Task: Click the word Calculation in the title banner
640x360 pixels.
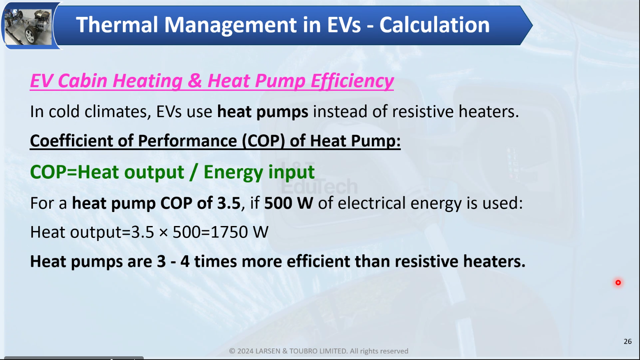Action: (434, 25)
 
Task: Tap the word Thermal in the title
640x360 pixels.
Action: (117, 25)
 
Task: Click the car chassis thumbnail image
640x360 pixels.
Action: (28, 26)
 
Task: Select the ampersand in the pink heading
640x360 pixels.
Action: (195, 81)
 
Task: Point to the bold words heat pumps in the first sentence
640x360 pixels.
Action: (262, 111)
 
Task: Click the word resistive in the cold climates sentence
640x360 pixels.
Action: (423, 111)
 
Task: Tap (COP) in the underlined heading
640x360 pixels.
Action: (263, 141)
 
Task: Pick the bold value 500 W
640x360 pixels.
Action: (288, 203)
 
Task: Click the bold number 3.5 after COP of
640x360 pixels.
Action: (228, 203)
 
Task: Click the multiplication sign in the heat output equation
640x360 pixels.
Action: (163, 233)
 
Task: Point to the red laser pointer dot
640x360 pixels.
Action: (618, 282)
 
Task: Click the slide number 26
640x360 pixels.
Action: (628, 342)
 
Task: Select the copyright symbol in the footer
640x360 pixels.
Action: (232, 351)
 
